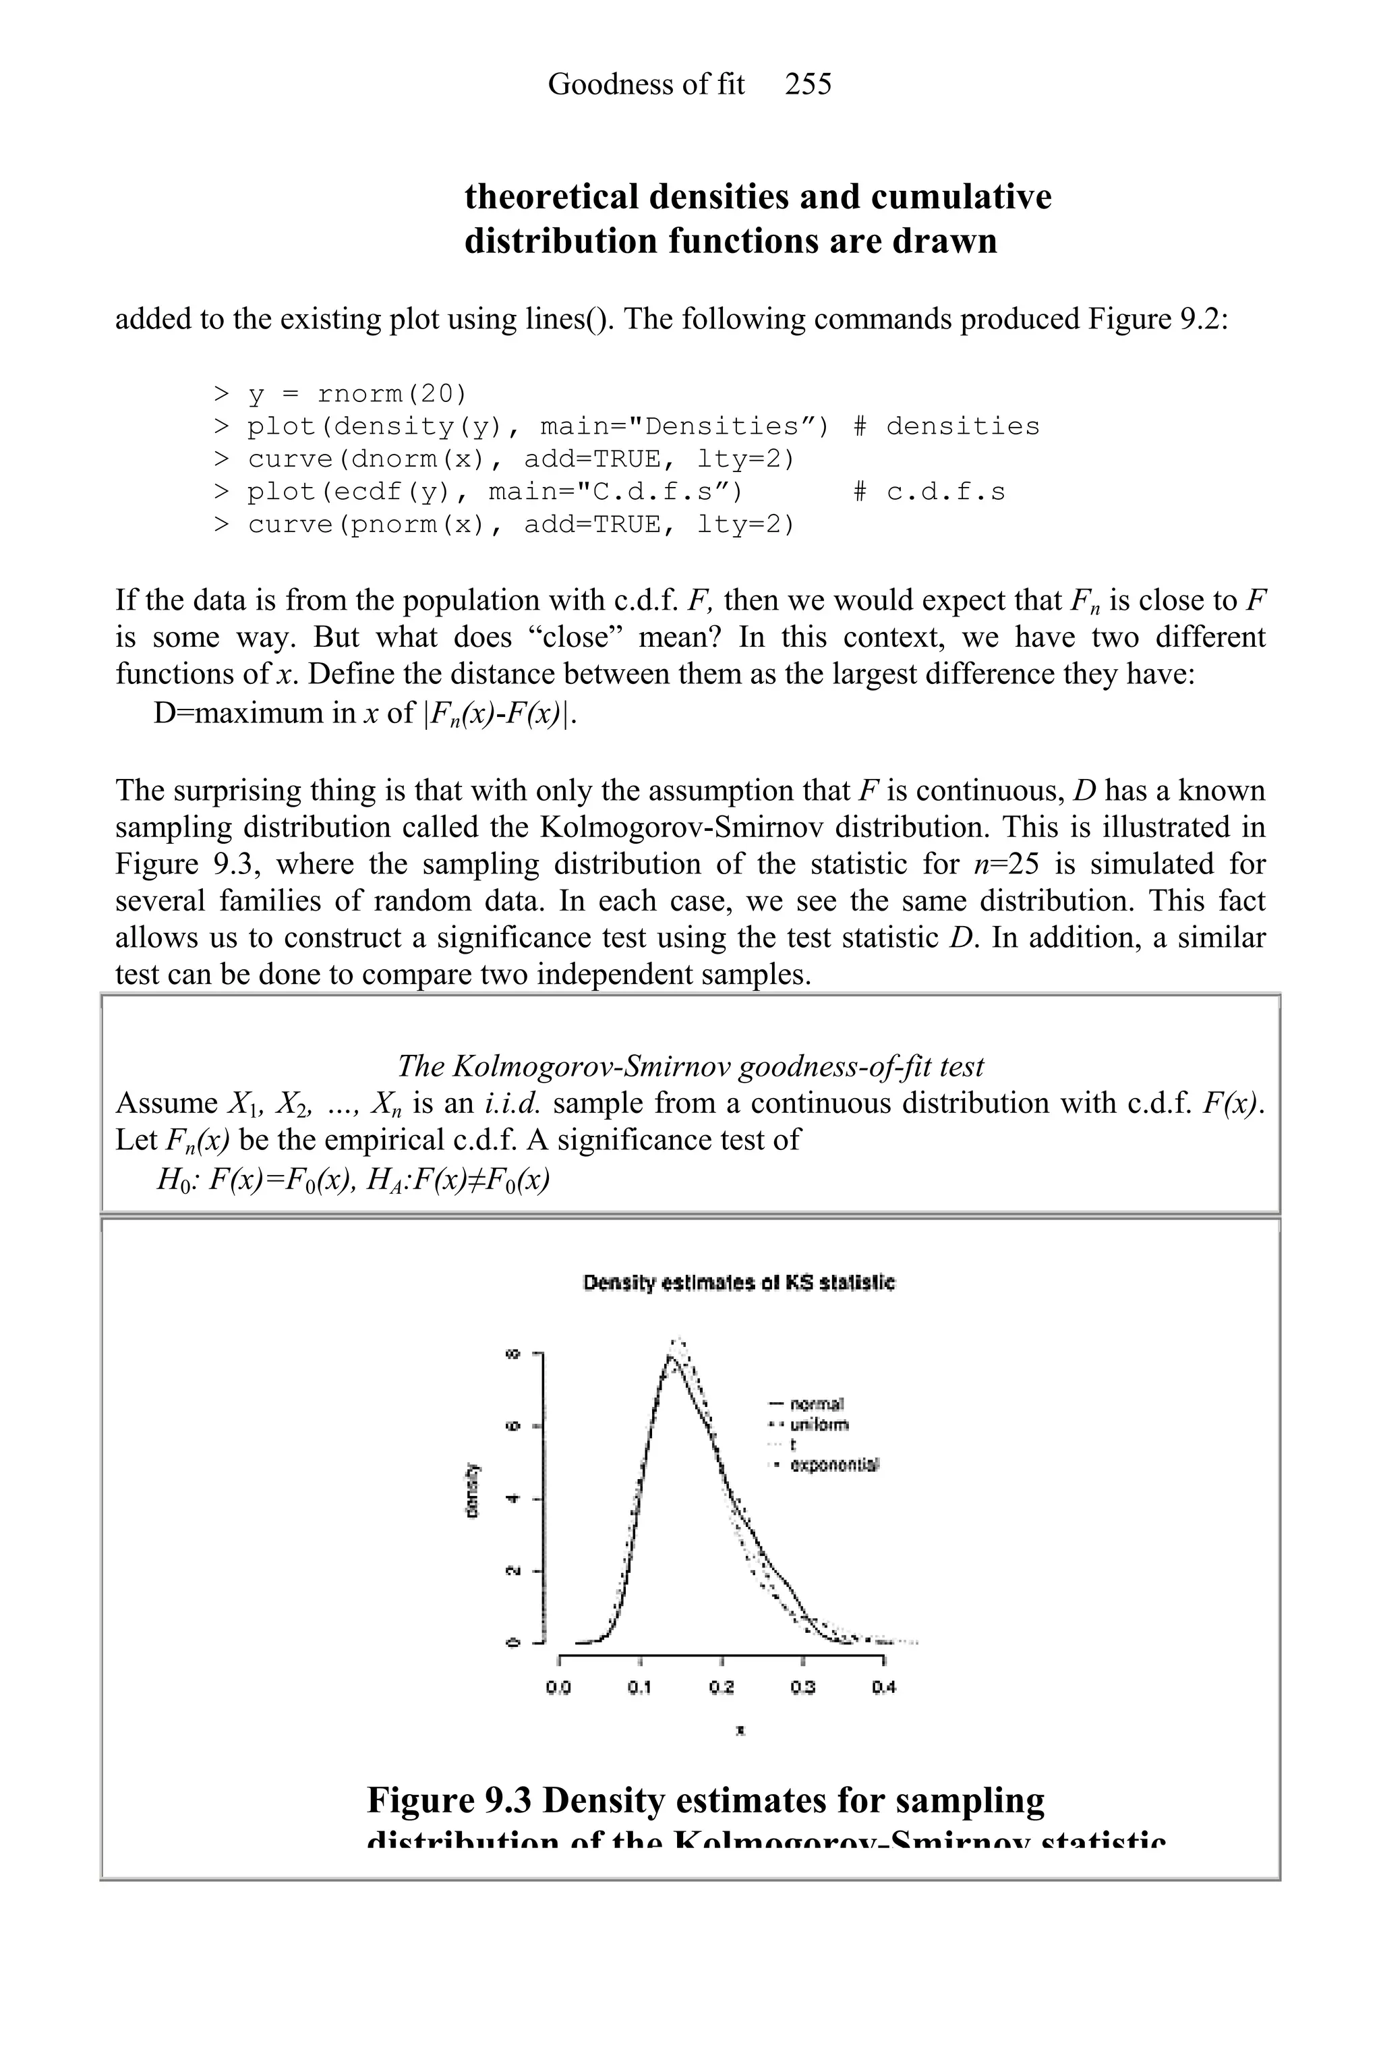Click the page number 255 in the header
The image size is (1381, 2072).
(x=808, y=84)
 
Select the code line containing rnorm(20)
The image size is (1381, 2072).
(x=340, y=394)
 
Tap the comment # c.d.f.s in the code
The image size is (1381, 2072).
(x=929, y=492)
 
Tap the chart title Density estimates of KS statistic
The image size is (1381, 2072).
(x=739, y=1284)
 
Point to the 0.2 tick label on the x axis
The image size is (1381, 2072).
(x=722, y=1688)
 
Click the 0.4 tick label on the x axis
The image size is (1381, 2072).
(x=883, y=1688)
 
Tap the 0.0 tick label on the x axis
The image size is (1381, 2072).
(x=558, y=1688)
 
